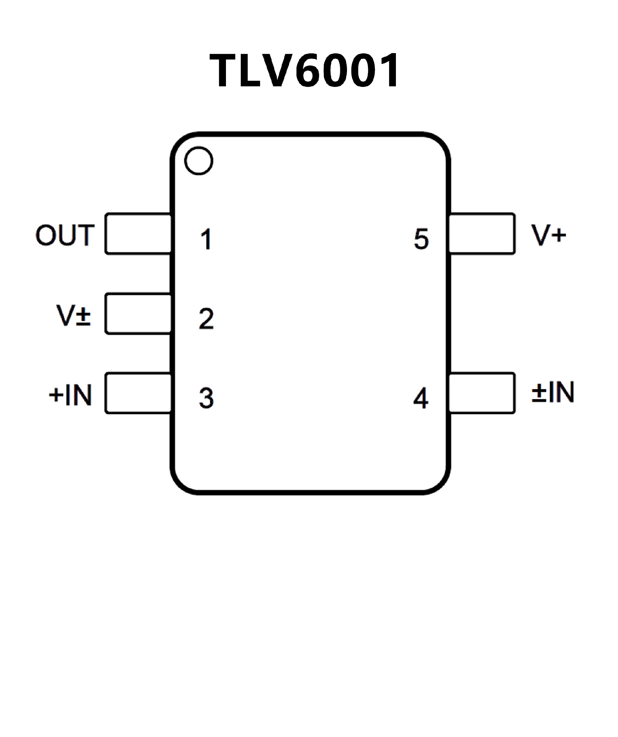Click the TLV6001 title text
click(304, 70)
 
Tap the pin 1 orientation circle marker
click(199, 161)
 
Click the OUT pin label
click(65, 235)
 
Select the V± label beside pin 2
click(73, 315)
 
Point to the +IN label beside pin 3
click(70, 395)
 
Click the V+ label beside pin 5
click(548, 235)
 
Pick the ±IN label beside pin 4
click(553, 392)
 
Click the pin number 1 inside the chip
click(206, 239)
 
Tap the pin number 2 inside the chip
click(206, 319)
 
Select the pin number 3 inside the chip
click(206, 398)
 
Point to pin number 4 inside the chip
click(421, 398)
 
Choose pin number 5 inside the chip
click(421, 239)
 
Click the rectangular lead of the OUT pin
click(138, 233)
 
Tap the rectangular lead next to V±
click(138, 313)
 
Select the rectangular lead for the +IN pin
click(138, 393)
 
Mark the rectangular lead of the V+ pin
click(482, 233)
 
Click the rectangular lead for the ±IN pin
click(482, 393)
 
